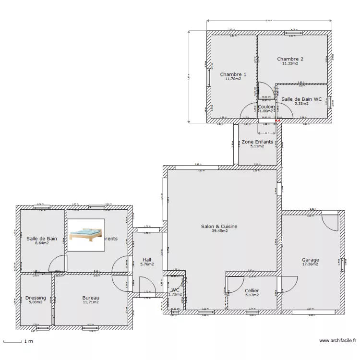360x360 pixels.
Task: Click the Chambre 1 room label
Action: [x=233, y=74]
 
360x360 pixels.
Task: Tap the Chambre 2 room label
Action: [x=290, y=59]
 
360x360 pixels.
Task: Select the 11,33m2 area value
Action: [x=290, y=63]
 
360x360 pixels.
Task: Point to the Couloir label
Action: [x=266, y=107]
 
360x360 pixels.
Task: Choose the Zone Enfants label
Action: [x=257, y=142]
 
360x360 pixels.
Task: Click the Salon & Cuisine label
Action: [x=219, y=226]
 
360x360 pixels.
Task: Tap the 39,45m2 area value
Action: [x=219, y=231]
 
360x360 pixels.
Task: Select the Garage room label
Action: [x=310, y=260]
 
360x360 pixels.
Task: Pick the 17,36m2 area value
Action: [x=310, y=264]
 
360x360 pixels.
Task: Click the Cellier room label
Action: [x=252, y=290]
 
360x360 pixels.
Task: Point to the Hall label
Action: [x=147, y=260]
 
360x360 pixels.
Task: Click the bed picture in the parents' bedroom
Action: [x=86, y=235]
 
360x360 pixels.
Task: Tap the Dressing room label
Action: [x=36, y=298]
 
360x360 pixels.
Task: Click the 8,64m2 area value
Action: [x=42, y=243]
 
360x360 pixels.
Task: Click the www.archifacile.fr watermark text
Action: [x=337, y=341]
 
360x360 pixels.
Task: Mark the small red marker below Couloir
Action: [x=278, y=121]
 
